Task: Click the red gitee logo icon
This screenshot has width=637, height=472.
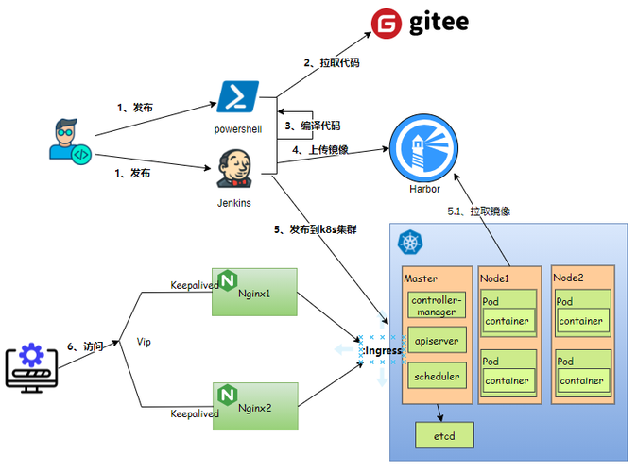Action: pos(387,24)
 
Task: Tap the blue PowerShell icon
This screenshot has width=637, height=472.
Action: pos(238,96)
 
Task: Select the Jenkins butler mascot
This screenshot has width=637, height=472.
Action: pos(234,169)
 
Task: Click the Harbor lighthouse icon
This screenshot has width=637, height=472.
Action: pos(423,148)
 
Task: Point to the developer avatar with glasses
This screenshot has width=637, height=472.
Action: pos(70,142)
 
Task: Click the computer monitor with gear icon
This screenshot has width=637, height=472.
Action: pos(32,368)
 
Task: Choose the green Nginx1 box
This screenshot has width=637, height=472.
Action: pos(255,292)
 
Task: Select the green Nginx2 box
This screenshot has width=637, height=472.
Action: pos(255,406)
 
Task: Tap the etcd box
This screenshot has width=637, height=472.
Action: pos(444,435)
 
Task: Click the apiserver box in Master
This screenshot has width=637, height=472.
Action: pos(437,341)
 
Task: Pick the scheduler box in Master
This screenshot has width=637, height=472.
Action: pos(437,377)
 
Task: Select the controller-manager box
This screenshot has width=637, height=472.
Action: pos(437,306)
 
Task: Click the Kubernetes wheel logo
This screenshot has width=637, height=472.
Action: pos(410,243)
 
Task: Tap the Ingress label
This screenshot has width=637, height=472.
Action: pos(383,350)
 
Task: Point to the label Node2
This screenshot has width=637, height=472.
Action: pos(568,278)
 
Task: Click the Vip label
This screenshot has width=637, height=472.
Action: pos(144,342)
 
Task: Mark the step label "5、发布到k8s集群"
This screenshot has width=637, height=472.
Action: pos(316,229)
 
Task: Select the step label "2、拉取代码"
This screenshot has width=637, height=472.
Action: pos(332,63)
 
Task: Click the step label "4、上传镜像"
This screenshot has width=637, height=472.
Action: pos(320,150)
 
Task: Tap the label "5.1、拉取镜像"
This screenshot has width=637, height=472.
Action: pos(479,211)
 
